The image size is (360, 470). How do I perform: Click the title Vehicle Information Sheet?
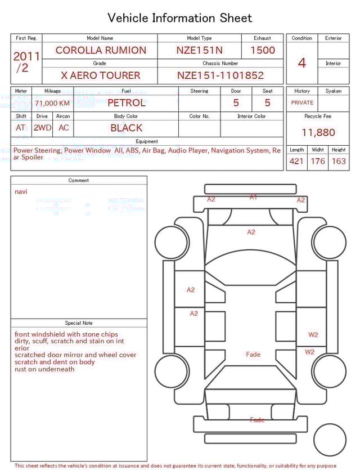coord(180,18)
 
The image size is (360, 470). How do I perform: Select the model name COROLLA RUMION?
coord(100,50)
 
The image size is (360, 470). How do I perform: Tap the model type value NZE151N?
coord(199,50)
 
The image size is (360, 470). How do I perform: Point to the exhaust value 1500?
coord(263,50)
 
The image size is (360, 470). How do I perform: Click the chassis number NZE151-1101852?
coord(220,75)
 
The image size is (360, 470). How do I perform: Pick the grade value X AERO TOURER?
coord(100,75)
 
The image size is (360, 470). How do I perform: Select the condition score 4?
coord(302,63)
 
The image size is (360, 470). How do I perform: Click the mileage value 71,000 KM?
coord(52,104)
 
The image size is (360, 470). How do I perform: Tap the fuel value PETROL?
coord(126,103)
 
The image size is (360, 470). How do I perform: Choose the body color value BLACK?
coord(126,128)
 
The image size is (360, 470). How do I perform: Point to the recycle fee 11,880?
coord(318,133)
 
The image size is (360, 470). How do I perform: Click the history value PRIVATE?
coord(302,103)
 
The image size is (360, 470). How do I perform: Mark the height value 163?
coord(339,162)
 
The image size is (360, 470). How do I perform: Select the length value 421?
coord(296,162)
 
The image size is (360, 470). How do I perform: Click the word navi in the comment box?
coord(21,192)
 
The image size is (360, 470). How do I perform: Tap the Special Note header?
coord(79,323)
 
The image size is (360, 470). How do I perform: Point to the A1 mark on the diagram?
coord(253,198)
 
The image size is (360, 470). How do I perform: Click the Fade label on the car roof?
coord(253,355)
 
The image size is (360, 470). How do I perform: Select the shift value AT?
coord(21,128)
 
